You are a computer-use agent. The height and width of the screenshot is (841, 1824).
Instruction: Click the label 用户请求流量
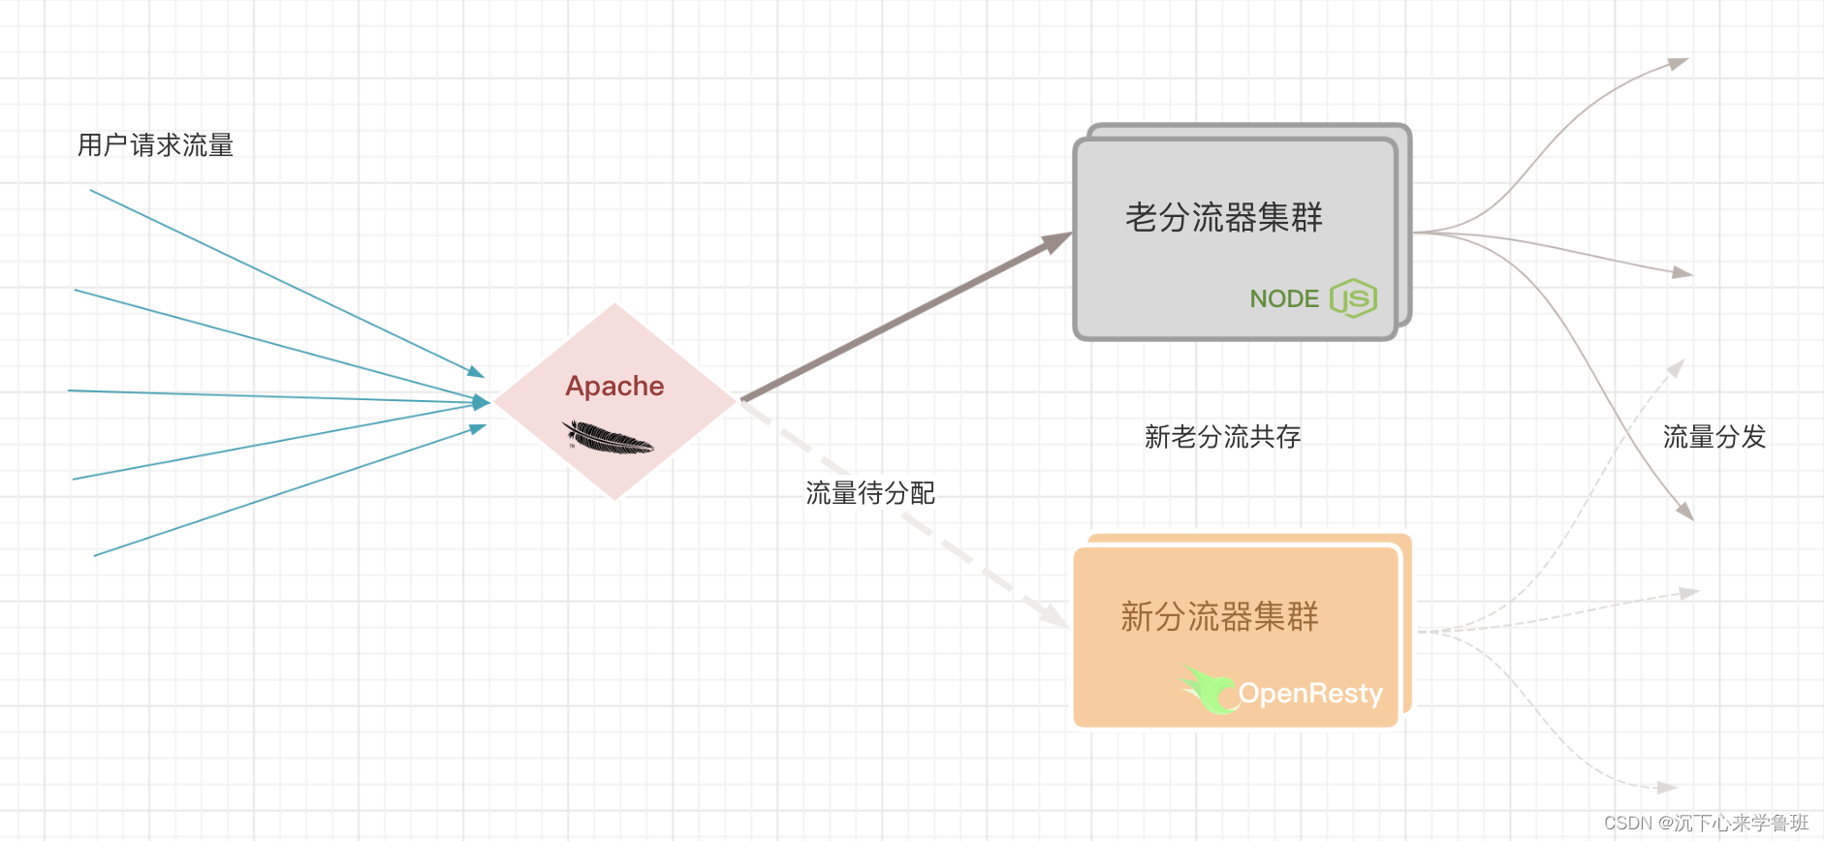click(x=155, y=145)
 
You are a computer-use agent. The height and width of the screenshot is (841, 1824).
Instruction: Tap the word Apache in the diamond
click(x=614, y=386)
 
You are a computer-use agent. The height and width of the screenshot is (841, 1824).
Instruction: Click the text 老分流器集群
click(x=1223, y=217)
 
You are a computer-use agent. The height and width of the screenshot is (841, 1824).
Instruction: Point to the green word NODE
click(x=1284, y=298)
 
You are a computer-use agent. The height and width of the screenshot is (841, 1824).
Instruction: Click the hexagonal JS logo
click(x=1354, y=298)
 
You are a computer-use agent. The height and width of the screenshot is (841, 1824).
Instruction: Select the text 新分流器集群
click(x=1219, y=616)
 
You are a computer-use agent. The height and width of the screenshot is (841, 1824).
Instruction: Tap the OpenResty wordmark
click(x=1310, y=694)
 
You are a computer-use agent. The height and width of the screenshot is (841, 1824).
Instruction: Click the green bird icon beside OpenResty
click(x=1208, y=688)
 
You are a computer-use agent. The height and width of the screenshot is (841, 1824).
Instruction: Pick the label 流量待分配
click(x=870, y=493)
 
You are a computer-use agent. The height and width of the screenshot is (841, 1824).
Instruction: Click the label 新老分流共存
click(x=1222, y=437)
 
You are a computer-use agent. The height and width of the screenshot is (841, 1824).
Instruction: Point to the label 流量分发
click(x=1714, y=437)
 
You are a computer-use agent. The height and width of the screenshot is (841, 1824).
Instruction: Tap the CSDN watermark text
click(x=1706, y=823)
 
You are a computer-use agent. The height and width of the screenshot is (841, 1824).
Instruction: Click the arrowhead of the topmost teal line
click(x=475, y=372)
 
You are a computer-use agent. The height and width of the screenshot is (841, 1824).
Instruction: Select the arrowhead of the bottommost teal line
click(x=477, y=427)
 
